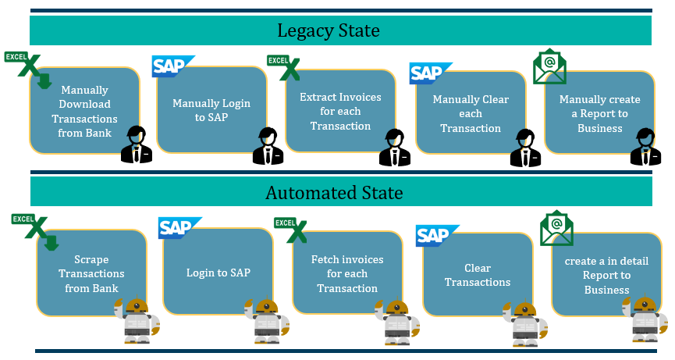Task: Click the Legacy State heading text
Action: click(x=329, y=31)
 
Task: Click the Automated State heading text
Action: click(x=334, y=193)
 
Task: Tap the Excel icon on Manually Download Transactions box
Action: click(x=27, y=67)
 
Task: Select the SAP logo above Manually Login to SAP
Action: click(x=172, y=66)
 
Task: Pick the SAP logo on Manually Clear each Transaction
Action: click(x=430, y=73)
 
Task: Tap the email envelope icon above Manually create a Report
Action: click(x=549, y=66)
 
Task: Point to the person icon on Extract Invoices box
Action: click(x=395, y=148)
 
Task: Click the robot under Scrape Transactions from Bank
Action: click(x=137, y=320)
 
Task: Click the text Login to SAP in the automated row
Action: click(x=218, y=273)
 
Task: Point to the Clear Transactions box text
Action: click(x=478, y=275)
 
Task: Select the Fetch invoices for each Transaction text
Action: click(x=347, y=273)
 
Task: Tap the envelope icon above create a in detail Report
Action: click(x=556, y=229)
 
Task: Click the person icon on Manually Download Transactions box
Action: click(x=137, y=144)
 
